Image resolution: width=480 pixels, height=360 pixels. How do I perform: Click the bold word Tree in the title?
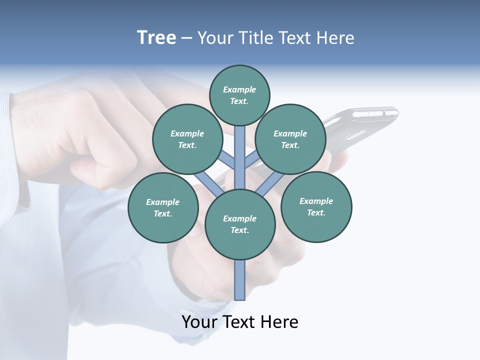pos(156,38)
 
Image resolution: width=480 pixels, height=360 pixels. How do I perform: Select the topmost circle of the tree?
pos(239,95)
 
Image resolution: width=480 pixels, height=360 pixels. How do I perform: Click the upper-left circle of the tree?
pos(187,139)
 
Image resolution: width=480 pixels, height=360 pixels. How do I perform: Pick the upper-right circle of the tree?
pos(290,139)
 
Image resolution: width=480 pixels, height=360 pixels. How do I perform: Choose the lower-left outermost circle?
pos(163,207)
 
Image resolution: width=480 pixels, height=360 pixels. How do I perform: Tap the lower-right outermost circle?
pos(316,206)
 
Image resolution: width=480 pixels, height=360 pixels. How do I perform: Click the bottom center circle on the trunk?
pos(240,224)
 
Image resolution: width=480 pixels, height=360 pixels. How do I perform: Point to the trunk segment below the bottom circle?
pos(240,280)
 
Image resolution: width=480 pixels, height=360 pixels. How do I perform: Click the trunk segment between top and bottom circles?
pos(240,157)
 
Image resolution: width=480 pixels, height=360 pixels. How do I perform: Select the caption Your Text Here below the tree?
pos(240,322)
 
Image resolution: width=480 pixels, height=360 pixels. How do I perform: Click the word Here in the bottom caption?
pos(280,322)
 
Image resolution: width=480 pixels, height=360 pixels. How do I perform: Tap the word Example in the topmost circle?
pos(239,90)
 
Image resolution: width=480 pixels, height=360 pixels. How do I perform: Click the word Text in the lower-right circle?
pos(316,212)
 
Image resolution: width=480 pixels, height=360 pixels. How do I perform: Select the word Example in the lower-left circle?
pos(163,202)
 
